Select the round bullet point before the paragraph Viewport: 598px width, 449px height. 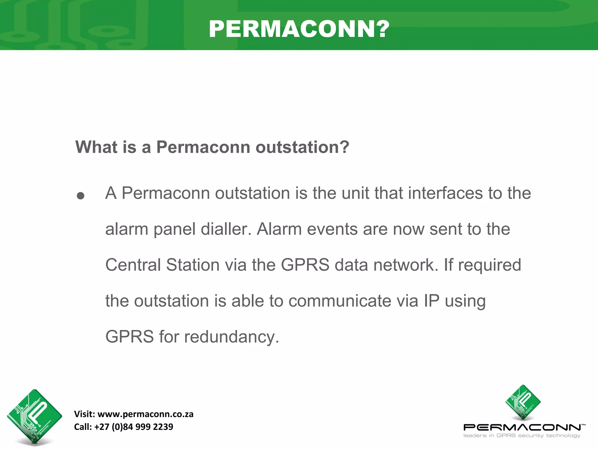pos(81,196)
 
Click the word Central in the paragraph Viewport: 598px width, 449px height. pos(133,265)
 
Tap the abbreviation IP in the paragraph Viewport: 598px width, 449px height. pos(432,301)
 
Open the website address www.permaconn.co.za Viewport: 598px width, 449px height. pos(145,414)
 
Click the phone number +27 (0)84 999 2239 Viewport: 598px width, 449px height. pos(134,427)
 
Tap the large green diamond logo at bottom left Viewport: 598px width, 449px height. pos(34,416)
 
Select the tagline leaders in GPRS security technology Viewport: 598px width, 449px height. pos(522,436)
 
